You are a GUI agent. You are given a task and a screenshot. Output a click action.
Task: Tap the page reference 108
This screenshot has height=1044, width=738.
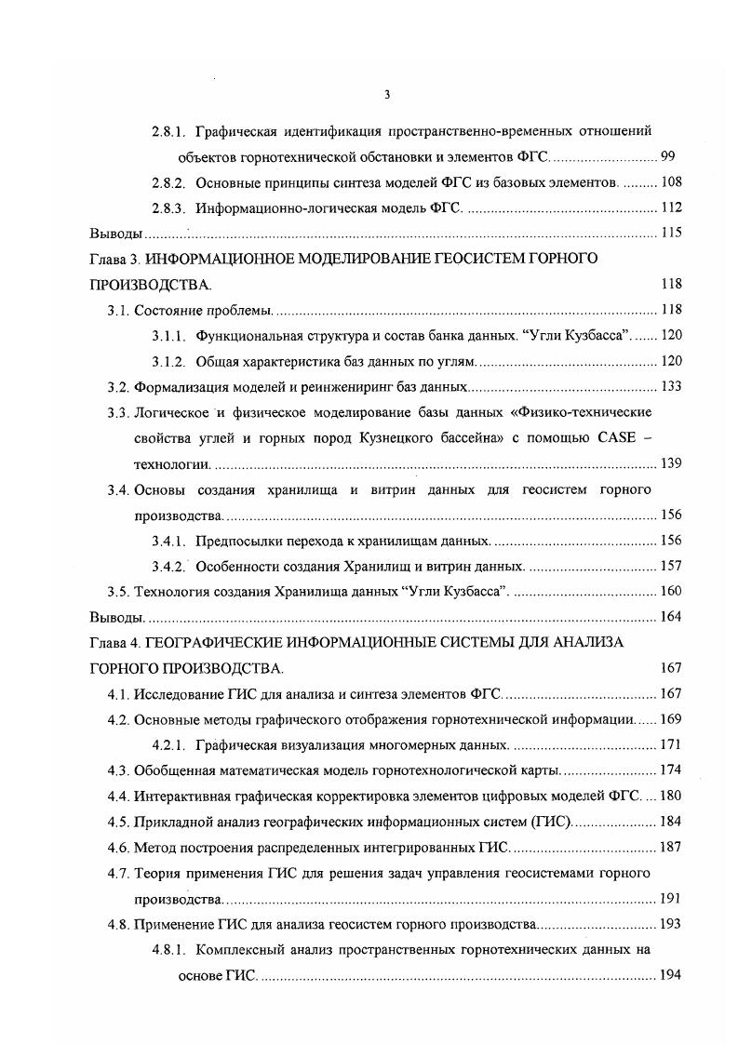click(x=670, y=181)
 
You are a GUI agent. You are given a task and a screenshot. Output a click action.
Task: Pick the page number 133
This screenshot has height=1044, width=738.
click(x=670, y=386)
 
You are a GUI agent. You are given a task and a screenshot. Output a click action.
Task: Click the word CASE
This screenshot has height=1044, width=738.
click(x=616, y=437)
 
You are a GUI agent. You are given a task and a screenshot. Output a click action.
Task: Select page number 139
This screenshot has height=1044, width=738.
click(x=670, y=462)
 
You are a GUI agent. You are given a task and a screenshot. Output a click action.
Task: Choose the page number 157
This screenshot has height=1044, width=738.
click(x=670, y=565)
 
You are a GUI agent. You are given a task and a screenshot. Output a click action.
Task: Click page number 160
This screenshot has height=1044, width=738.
click(x=670, y=591)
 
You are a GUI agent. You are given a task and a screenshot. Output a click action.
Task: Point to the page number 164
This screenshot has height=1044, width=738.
click(x=670, y=616)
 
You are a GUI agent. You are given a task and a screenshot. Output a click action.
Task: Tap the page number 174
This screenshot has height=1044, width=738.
click(x=670, y=770)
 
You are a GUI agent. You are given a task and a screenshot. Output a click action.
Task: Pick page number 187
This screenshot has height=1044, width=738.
click(x=670, y=847)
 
